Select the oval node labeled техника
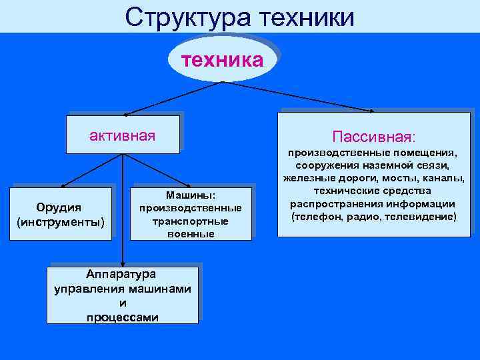(222, 60)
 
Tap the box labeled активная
(123, 136)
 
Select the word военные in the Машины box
(191, 234)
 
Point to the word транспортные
(191, 221)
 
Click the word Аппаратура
(123, 274)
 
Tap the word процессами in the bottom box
(123, 317)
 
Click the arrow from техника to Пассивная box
(300, 97)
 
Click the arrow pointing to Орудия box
(90, 169)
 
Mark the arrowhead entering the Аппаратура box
(123, 263)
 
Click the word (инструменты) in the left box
(61, 221)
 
